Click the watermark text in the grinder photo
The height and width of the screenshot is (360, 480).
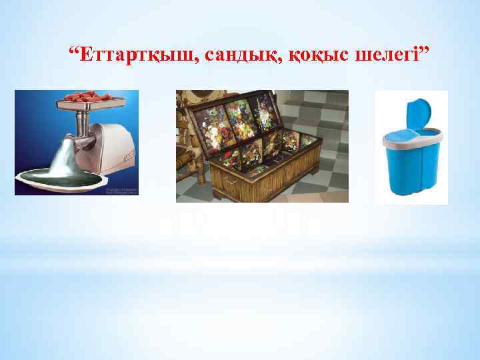(120, 191)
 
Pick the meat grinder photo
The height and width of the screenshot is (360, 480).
(77, 142)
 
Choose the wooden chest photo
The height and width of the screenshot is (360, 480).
(262, 145)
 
